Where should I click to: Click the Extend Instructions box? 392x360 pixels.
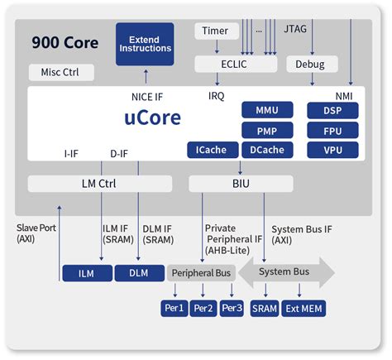click(145, 43)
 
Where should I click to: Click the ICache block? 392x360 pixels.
click(211, 150)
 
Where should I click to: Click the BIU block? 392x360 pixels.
click(242, 183)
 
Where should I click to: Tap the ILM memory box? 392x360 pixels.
click(85, 272)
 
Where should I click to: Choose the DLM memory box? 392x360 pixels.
click(138, 272)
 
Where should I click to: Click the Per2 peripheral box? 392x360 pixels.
click(203, 309)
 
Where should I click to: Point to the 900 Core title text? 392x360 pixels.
click(65, 41)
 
